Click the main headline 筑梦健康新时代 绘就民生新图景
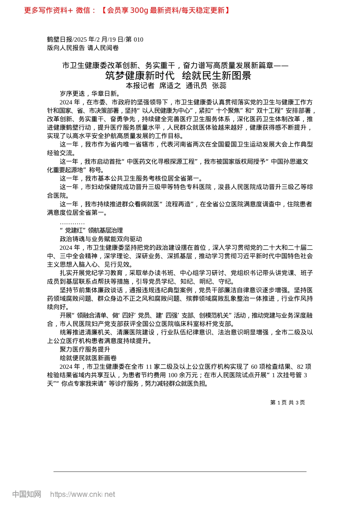click(178, 75)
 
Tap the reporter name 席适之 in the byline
click(170, 86)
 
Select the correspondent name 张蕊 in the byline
click(219, 86)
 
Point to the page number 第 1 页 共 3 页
click(287, 403)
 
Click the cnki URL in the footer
click(83, 494)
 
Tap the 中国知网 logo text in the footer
click(27, 494)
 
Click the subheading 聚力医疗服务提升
click(85, 349)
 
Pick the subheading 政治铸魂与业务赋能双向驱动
click(101, 239)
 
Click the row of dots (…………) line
click(72, 222)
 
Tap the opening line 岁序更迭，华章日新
click(90, 94)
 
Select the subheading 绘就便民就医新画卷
click(88, 358)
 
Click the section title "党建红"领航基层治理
click(91, 230)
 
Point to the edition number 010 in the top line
click(138, 39)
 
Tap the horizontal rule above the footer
click(180, 472)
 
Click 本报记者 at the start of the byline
click(140, 86)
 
